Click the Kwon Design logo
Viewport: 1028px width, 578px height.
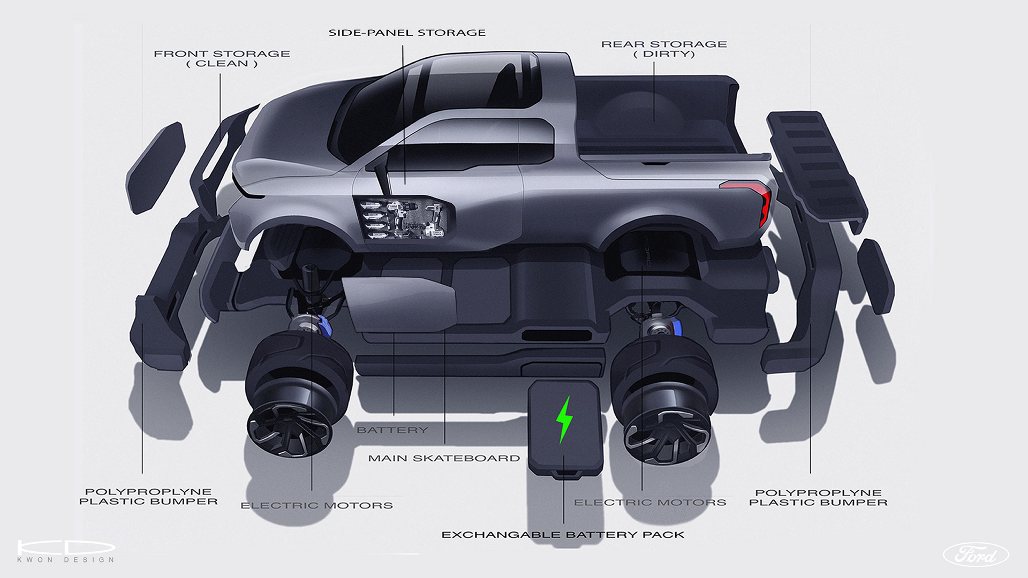coord(66,551)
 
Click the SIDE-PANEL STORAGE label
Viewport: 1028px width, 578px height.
coord(407,33)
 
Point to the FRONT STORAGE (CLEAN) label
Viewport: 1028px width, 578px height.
coord(222,58)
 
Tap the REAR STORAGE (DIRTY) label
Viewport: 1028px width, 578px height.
coord(664,49)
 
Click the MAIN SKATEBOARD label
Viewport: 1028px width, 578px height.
coord(444,458)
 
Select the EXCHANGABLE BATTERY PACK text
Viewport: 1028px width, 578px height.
coord(563,535)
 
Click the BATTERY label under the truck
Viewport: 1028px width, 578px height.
coord(392,430)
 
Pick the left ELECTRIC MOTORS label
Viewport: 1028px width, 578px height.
coord(316,505)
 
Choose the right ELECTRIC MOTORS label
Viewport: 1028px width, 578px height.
coord(650,503)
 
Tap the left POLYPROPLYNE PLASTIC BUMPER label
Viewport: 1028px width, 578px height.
coord(148,497)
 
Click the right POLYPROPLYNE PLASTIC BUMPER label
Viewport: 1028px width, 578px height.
coord(818,498)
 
